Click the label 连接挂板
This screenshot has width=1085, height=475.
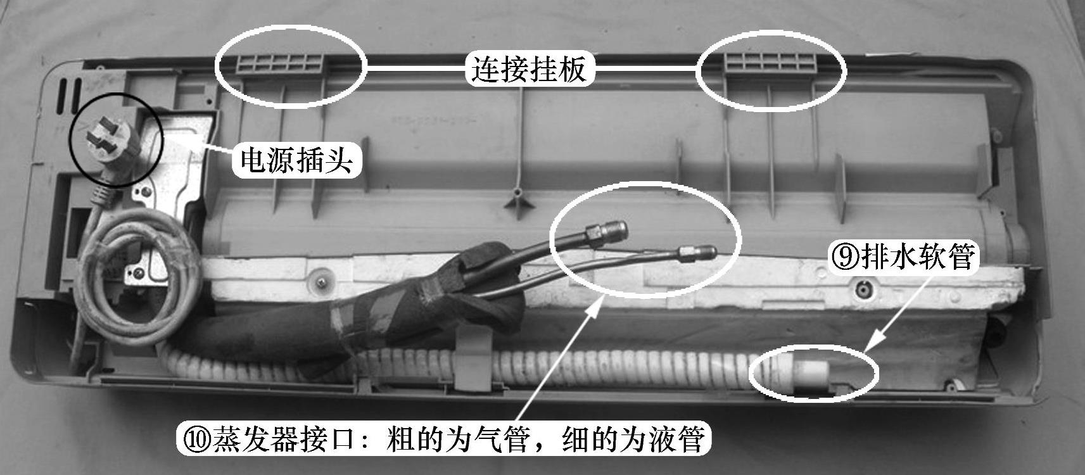(x=529, y=69)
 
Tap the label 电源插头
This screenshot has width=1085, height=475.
(x=296, y=160)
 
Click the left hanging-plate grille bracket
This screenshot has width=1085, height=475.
(x=280, y=63)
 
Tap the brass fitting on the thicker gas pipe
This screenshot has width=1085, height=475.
(x=607, y=231)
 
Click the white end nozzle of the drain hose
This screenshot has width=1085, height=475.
(x=812, y=374)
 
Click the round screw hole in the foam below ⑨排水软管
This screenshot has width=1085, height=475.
(x=863, y=289)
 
